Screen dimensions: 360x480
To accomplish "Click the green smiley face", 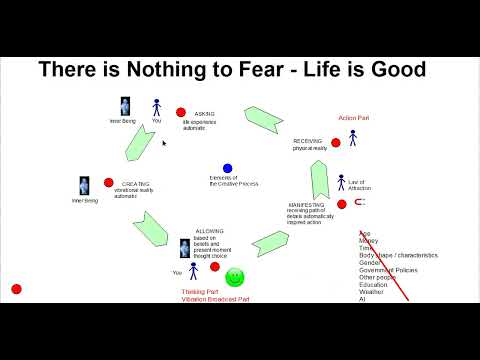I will pos(235,277).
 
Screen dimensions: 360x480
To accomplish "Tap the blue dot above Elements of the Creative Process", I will pos(228,168).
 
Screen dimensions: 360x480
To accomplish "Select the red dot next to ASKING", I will pos(181,112).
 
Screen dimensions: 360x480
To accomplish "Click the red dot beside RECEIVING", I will pos(335,143).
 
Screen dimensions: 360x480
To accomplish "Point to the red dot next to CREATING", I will pos(109,183).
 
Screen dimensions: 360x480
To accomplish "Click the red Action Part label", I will pos(354,118).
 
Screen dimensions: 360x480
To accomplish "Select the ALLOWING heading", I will pos(210,230).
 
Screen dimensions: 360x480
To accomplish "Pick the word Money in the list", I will pos(369,241).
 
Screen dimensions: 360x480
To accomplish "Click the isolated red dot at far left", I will pos(16,289).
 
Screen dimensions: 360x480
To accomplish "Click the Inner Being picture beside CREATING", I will pos(85,187).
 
